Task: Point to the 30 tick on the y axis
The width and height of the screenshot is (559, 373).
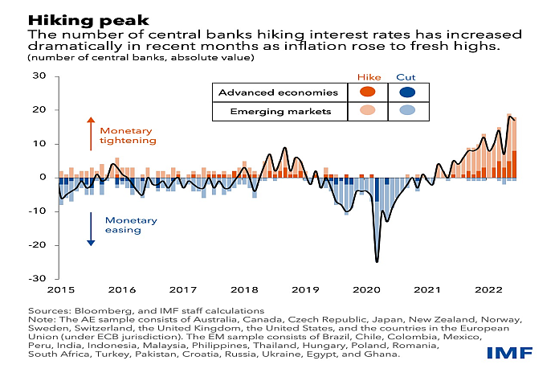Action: (x=39, y=76)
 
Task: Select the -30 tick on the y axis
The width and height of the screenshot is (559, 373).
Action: (x=37, y=278)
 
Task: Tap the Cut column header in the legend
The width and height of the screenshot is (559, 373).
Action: (x=406, y=77)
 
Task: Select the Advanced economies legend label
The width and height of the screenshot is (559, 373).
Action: (x=270, y=92)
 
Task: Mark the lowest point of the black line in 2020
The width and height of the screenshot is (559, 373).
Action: (x=377, y=261)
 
